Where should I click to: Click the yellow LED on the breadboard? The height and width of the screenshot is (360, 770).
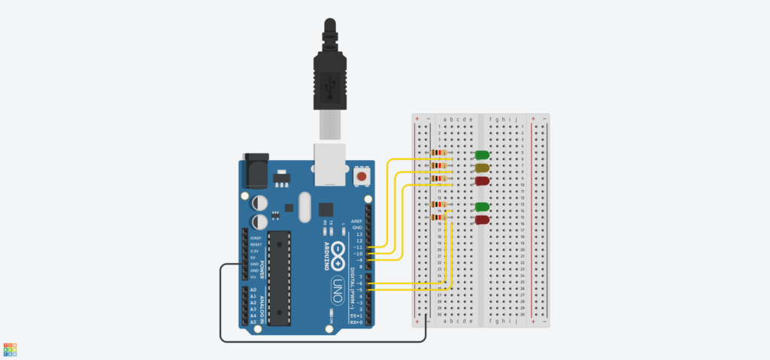[482, 168]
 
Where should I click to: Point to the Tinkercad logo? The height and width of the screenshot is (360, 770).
[10, 349]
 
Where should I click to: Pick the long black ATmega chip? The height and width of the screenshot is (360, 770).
[278, 278]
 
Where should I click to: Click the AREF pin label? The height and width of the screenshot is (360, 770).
[357, 222]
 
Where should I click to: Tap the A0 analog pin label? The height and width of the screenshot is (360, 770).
[253, 290]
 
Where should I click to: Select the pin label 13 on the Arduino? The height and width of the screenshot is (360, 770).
[359, 234]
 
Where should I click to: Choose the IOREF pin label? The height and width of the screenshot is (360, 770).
[254, 237]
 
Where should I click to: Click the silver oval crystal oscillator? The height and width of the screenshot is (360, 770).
[304, 207]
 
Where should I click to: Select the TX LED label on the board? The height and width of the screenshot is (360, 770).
[331, 223]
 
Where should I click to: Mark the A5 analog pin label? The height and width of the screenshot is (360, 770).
[253, 322]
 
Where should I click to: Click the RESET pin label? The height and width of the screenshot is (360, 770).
[254, 244]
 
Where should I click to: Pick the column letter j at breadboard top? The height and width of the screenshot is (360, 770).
[515, 119]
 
